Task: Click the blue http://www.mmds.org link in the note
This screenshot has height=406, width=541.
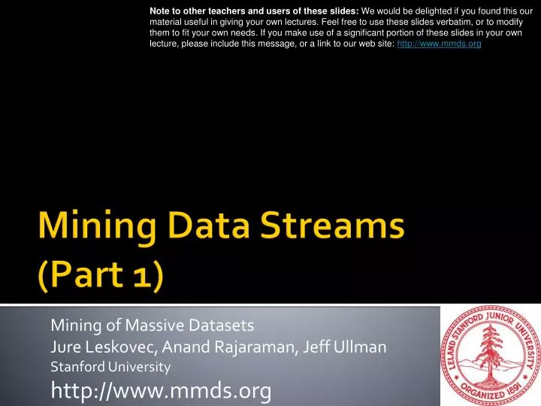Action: [439, 44]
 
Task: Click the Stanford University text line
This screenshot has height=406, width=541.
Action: [110, 367]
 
